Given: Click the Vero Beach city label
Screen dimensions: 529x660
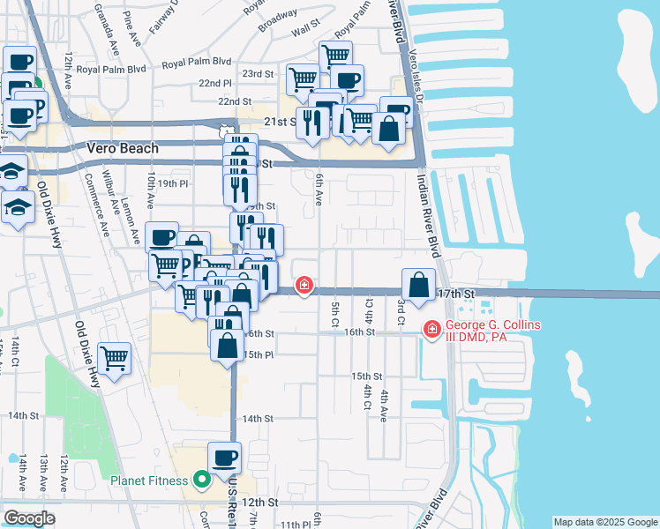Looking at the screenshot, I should pos(123,149).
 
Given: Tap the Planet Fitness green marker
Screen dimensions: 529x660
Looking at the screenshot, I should pos(201,481).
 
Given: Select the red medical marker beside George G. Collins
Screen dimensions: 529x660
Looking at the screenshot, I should pos(431,330).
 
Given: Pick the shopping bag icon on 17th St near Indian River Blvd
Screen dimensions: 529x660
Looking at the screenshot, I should pos(418,286).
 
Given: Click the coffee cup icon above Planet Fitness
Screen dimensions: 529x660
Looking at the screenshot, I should pos(225,458).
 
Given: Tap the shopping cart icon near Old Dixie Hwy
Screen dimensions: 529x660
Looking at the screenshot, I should pos(115,359).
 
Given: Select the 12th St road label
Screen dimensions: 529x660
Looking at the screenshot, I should pos(261,502).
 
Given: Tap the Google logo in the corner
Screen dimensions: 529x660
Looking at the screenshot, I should pos(29,518).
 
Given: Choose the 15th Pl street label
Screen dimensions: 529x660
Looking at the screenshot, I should pos(257,354).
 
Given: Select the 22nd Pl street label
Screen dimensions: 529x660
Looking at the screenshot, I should pos(215,83).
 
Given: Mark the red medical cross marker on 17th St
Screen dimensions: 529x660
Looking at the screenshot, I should pos(304,286).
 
